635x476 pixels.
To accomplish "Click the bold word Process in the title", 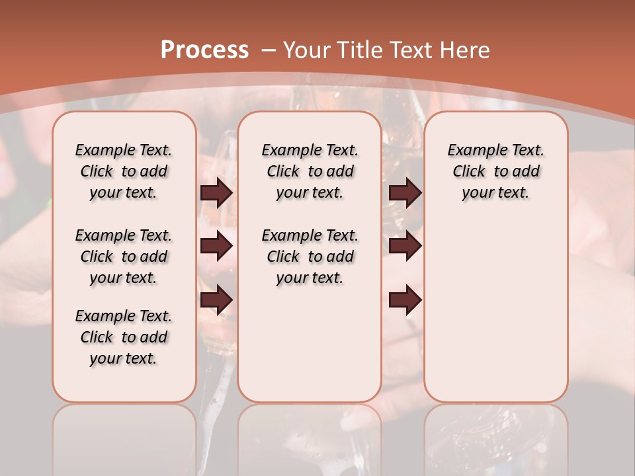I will [x=204, y=50].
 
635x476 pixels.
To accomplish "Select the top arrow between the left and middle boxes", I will [x=216, y=193].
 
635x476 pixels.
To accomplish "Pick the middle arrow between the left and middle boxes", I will [x=216, y=247].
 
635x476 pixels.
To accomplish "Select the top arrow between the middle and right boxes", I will [x=405, y=193].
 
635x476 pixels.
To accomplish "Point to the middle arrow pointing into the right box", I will [x=405, y=247].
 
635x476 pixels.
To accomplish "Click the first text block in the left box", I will [x=124, y=171].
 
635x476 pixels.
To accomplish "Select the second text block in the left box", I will [x=124, y=257].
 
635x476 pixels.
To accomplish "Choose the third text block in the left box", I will [x=124, y=337].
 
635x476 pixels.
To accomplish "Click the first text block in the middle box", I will [x=310, y=171].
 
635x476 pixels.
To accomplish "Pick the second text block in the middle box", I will [x=310, y=257].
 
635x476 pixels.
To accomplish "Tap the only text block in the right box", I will [x=495, y=171].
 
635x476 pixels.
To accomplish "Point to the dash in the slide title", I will [x=269, y=50].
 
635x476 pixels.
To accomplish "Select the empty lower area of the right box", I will [x=495, y=311].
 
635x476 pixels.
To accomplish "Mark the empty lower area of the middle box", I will [x=310, y=344].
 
